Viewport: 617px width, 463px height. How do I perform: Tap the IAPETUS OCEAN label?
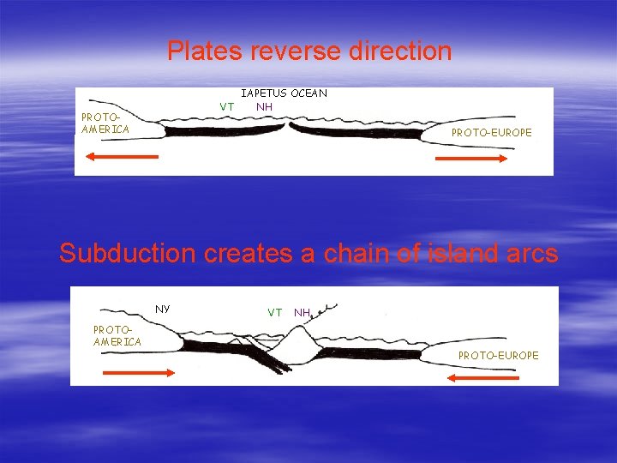tap(284, 93)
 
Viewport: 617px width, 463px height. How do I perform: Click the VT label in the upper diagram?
tap(227, 106)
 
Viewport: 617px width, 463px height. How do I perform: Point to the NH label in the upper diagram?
tap(264, 106)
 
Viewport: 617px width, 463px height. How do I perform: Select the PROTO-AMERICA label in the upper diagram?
tap(105, 123)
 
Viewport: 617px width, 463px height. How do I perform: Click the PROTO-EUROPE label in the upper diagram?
tap(491, 133)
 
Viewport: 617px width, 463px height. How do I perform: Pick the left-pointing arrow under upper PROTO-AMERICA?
tap(121, 157)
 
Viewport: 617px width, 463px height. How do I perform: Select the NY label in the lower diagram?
tap(162, 308)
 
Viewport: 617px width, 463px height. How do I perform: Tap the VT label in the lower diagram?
tap(274, 312)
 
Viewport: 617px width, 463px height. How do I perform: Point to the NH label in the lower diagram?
tap(302, 312)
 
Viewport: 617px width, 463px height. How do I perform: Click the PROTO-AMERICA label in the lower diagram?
tap(117, 336)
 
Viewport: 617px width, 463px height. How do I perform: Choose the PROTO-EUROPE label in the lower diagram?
tap(498, 355)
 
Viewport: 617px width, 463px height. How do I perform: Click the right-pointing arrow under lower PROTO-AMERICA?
tap(138, 372)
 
